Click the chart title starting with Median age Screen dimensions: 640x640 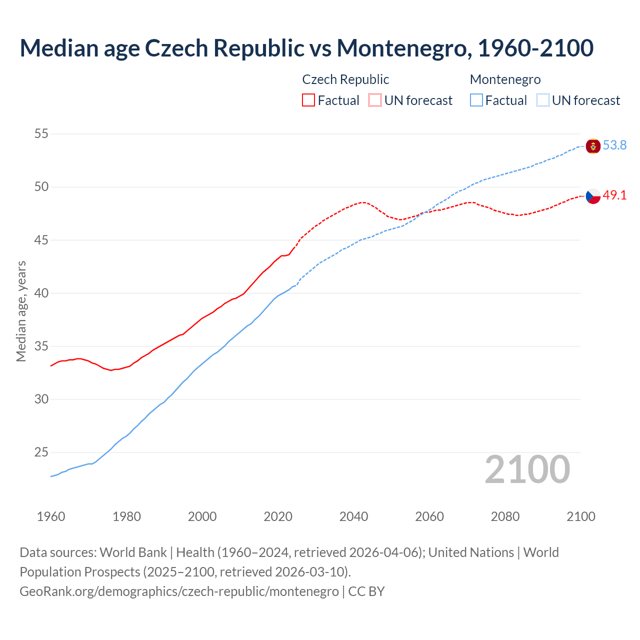[x=306, y=48]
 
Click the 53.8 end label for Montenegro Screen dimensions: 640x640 [x=614, y=145]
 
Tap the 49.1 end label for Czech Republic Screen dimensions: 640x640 [x=614, y=195]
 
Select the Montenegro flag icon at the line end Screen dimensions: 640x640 [x=593, y=146]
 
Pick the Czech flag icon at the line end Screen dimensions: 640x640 [x=593, y=196]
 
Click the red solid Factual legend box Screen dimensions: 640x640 [x=308, y=100]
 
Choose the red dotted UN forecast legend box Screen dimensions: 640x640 [x=375, y=100]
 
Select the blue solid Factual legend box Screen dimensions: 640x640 [x=476, y=100]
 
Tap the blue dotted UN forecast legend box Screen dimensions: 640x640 [x=542, y=100]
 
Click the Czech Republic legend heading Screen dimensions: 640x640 [x=345, y=79]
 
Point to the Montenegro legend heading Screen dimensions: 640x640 [x=505, y=79]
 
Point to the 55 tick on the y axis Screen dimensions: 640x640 [x=41, y=133]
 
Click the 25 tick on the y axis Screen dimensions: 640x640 [x=41, y=452]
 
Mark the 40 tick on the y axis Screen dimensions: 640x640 [x=41, y=293]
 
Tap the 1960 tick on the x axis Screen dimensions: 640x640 [x=51, y=516]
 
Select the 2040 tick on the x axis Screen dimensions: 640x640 [x=353, y=516]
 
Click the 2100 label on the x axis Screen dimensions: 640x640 [x=580, y=516]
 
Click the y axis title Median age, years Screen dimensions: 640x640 [x=21, y=311]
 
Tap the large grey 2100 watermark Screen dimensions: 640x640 [x=527, y=469]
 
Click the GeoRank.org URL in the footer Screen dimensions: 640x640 [x=179, y=591]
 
